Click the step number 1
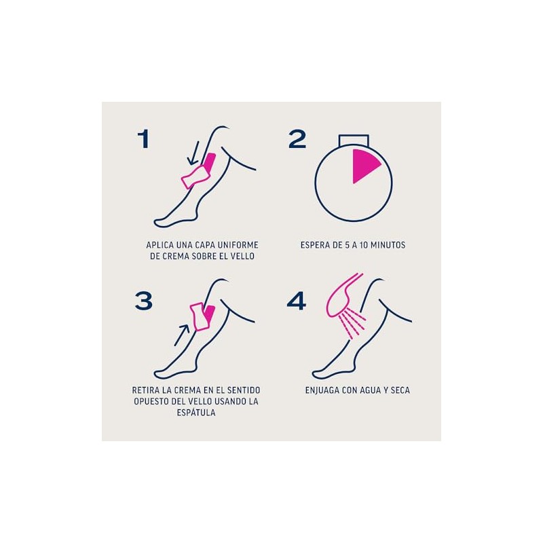point(143,139)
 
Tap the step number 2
point(297,139)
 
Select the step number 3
point(144,301)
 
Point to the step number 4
point(297,301)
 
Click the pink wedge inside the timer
point(364,165)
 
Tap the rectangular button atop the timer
point(354,140)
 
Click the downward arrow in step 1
point(193,153)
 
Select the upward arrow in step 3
point(181,335)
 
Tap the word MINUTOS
point(388,245)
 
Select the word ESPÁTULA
point(196,413)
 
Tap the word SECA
point(400,390)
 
